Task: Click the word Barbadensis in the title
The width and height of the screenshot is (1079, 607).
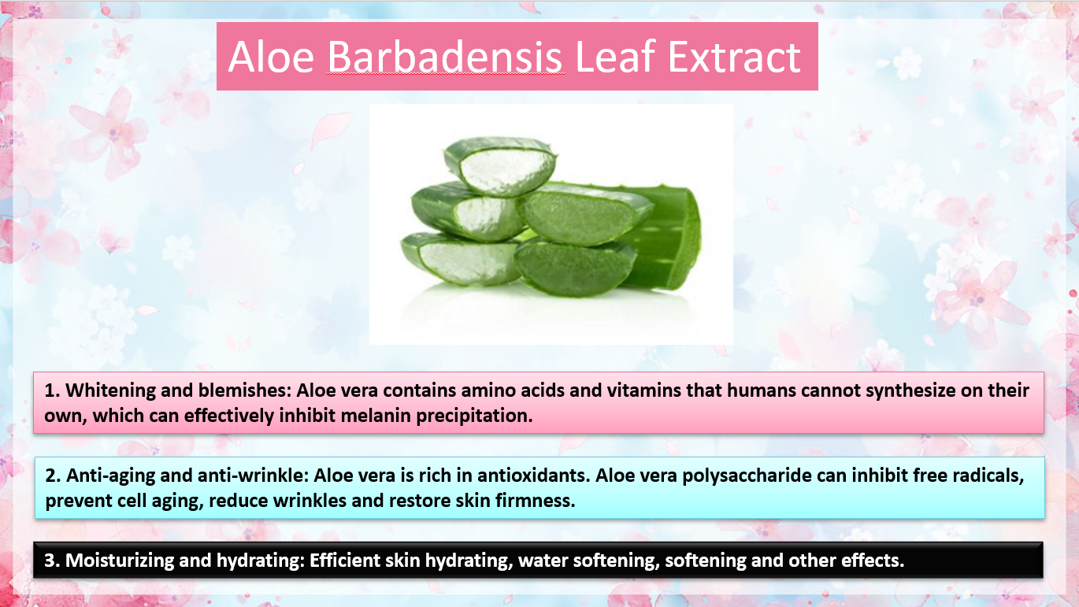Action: click(445, 57)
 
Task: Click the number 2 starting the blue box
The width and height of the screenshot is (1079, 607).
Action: click(50, 476)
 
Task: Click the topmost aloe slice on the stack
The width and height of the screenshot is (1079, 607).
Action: click(501, 166)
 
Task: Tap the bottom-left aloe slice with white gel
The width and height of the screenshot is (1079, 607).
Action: click(460, 260)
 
